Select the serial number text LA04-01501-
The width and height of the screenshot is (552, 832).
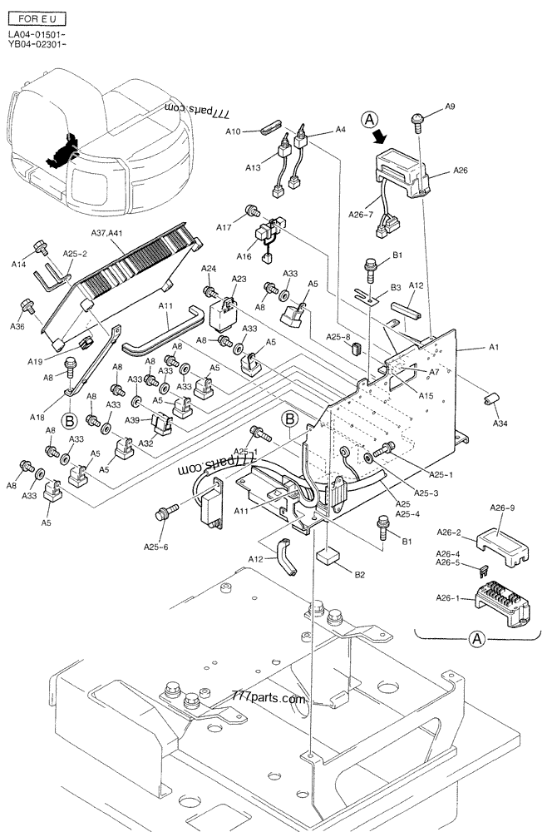(32, 34)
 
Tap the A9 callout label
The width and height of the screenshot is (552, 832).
(450, 106)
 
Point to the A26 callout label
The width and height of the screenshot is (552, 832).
(460, 171)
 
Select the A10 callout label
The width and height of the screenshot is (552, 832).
(233, 131)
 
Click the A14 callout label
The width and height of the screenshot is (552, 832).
(18, 264)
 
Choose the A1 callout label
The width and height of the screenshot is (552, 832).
(493, 347)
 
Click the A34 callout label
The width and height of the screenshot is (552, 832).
(500, 423)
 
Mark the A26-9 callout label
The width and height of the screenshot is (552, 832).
(502, 508)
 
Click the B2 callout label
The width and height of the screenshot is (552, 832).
(360, 574)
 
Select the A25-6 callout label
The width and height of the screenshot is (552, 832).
(155, 547)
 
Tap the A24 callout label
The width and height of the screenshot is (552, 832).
(208, 268)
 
